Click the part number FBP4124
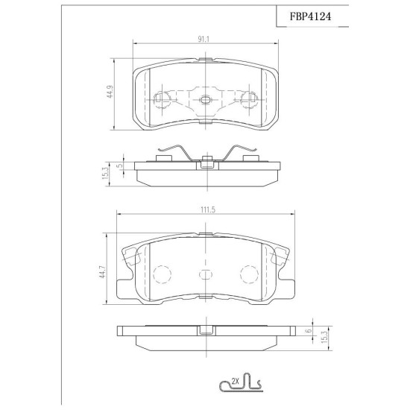310,16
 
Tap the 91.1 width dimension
204,40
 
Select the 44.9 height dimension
110,92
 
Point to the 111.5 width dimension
208,210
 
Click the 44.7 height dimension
102,271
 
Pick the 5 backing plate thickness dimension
119,165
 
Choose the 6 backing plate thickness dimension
309,330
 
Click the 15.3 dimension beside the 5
105,173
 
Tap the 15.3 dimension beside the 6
324,337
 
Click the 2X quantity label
236,382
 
